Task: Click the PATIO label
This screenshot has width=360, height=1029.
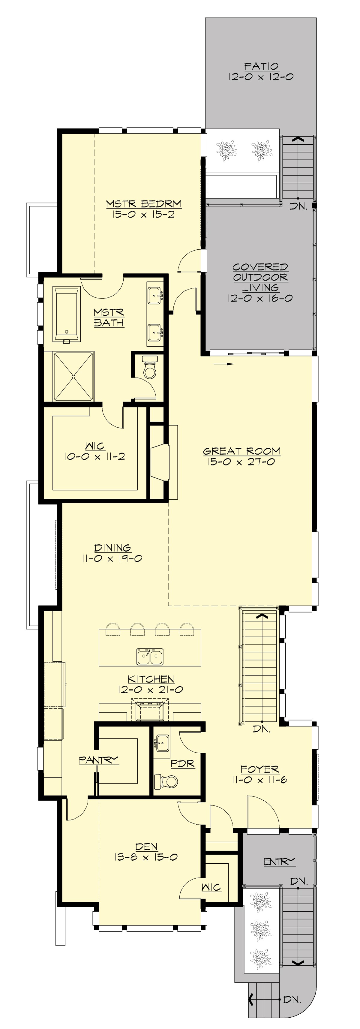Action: coord(261,66)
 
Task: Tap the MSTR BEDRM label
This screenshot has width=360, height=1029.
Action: coord(143,204)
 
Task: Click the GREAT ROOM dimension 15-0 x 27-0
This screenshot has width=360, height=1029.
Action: coord(241,462)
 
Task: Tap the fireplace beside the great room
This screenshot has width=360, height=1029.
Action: coord(160,461)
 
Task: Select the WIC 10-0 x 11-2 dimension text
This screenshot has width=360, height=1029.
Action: coord(95,456)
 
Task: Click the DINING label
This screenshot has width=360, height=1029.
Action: coord(113,548)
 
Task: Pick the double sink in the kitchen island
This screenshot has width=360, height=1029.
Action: coord(150,656)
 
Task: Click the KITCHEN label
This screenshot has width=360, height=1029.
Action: coord(151,679)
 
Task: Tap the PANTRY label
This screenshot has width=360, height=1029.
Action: coord(99,760)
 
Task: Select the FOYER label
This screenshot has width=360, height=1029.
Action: coord(259,769)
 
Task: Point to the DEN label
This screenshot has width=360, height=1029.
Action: coord(146,847)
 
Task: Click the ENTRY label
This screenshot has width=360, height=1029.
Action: coord(279,862)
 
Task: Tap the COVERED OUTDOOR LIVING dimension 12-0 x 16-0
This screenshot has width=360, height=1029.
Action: coord(260,298)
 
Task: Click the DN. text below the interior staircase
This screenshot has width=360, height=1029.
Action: coord(262,729)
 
